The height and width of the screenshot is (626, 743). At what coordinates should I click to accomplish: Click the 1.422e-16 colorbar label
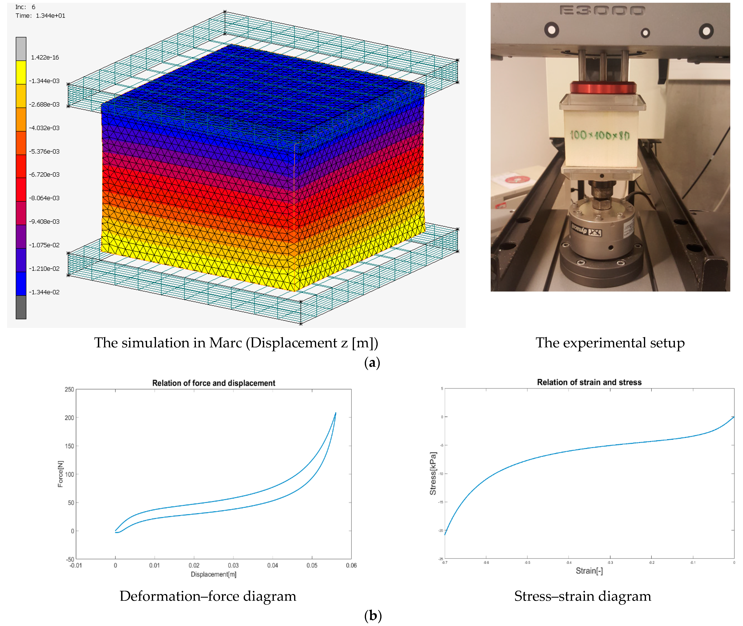pos(45,58)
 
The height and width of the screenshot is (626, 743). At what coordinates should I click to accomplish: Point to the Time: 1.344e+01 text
pos(40,16)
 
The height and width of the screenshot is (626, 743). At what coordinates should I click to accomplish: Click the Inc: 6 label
pos(25,7)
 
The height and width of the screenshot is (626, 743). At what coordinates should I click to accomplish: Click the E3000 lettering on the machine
pos(602,11)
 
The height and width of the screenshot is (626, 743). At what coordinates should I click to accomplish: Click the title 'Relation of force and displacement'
pos(214,383)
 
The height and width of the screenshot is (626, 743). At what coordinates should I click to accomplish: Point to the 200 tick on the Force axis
pos(69,418)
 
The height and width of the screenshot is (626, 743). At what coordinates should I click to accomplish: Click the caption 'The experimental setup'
pos(610,343)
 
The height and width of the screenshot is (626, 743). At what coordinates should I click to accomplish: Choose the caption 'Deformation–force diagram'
pos(208,596)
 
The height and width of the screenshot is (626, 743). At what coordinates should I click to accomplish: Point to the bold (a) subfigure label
pos(372,363)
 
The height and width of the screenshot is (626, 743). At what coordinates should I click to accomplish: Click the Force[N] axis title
pos(60,474)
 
